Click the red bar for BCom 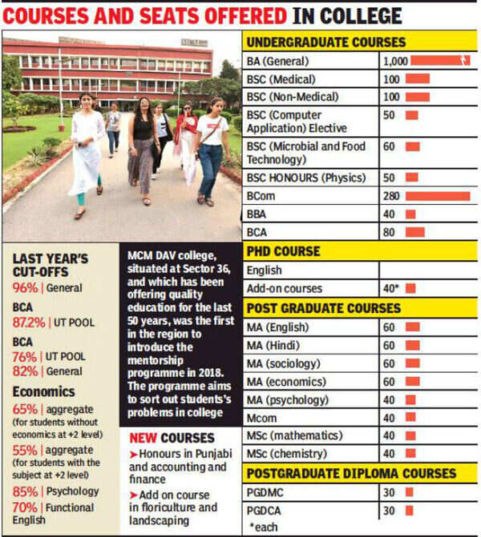click(437, 196)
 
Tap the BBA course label click(259, 214)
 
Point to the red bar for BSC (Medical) click(417, 78)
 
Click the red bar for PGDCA click(409, 511)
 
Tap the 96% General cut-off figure click(25, 289)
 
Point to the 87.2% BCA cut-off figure click(30, 323)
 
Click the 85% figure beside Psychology click(26, 491)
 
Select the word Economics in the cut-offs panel click(44, 392)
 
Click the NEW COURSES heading click(172, 439)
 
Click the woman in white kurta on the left click(87, 152)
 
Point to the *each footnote click(265, 527)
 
